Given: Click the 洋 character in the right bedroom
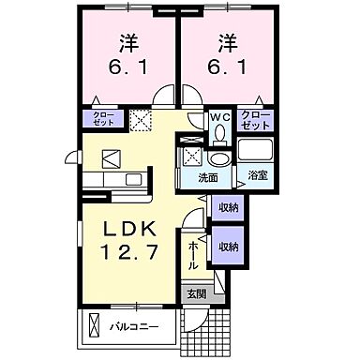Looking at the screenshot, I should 227,42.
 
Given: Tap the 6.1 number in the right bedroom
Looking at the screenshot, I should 227,68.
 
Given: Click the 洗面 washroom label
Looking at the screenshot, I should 208,176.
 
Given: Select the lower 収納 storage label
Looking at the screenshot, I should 228,246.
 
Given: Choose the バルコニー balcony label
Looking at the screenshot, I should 136,327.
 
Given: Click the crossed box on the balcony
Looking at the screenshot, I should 94,327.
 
